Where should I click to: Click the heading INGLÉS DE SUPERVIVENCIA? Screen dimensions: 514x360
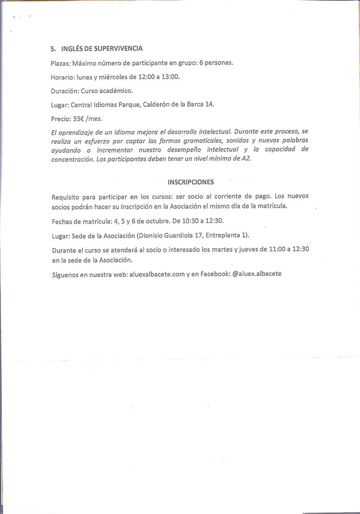click(102, 49)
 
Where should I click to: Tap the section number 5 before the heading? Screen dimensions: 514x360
click(52, 49)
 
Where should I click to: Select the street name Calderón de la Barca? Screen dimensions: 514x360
click(168, 105)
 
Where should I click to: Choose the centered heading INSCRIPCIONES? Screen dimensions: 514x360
click(191, 182)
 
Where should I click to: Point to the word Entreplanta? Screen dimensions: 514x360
click(223, 236)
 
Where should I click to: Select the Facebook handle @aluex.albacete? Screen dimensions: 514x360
click(257, 274)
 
